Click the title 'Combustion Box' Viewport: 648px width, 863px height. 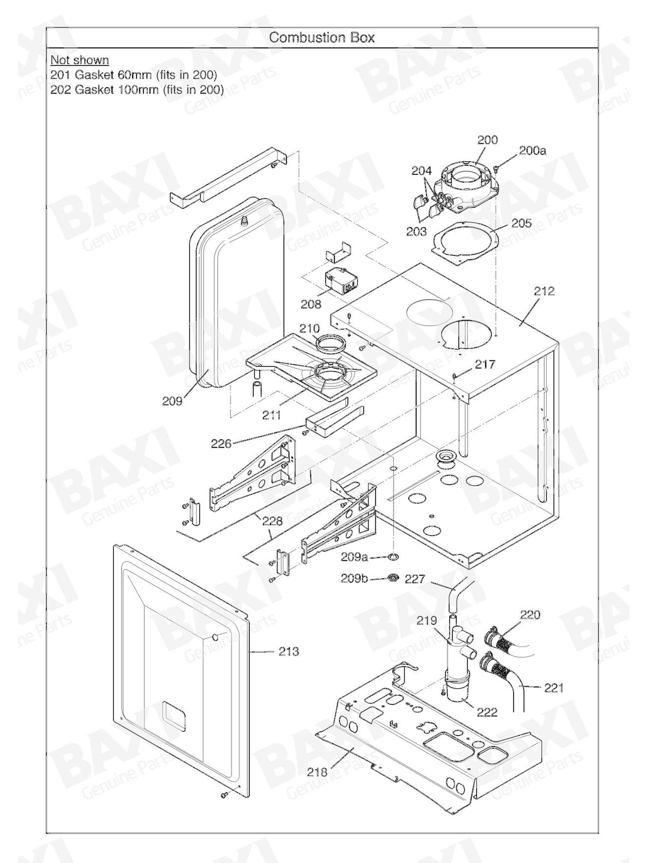point(322,38)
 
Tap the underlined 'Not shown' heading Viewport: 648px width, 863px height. point(79,60)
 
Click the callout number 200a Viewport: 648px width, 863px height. point(532,151)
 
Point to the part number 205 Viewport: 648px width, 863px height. point(521,223)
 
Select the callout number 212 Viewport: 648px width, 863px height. point(544,291)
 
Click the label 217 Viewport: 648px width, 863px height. point(485,365)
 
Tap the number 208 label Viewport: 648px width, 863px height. point(311,304)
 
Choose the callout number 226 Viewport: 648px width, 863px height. point(221,443)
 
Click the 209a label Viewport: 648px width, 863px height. point(354,557)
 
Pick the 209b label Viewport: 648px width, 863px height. point(354,578)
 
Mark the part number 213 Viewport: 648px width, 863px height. point(289,651)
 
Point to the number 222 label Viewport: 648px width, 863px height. point(487,712)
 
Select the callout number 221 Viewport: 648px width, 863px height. point(554,688)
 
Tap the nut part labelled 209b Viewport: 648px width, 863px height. point(394,577)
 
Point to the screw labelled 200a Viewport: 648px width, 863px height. point(497,167)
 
